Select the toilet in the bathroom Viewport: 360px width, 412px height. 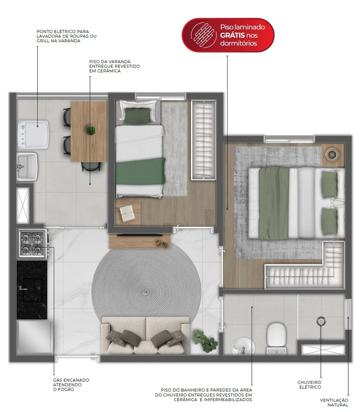tap(276, 339)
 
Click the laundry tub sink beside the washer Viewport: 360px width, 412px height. tap(27, 167)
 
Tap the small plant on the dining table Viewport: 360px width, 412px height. tap(90, 130)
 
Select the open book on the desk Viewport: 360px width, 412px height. tap(127, 213)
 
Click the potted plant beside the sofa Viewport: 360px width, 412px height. tap(205, 341)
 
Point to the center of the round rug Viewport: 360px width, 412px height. tap(146, 292)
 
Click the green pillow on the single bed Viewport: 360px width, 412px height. tap(138, 115)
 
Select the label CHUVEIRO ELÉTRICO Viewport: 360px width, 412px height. tap(309, 385)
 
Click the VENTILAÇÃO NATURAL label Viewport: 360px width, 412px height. tap(334, 402)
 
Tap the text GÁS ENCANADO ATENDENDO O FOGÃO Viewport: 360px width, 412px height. tap(71, 385)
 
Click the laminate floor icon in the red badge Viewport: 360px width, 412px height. tap(202, 35)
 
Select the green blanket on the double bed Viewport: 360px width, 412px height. tap(274, 203)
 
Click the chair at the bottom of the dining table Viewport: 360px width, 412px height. tap(91, 166)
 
